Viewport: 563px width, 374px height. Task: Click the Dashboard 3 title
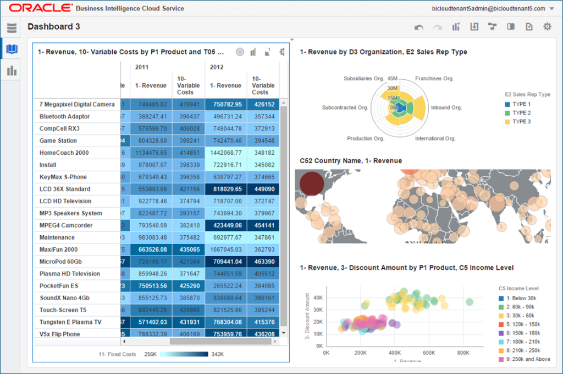coord(54,26)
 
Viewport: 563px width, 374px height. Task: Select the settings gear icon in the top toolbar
coord(547,26)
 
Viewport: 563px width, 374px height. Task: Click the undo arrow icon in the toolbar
coord(419,26)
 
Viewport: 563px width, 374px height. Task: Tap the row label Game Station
coord(58,140)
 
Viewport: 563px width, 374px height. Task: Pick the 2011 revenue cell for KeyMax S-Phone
coord(152,177)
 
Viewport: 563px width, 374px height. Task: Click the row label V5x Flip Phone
coord(59,334)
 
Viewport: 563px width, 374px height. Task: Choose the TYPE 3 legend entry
coord(521,121)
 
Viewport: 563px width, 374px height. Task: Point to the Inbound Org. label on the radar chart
coord(446,107)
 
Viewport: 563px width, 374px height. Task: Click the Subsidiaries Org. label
coord(363,78)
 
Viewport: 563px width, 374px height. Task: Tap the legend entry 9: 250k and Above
coord(522,360)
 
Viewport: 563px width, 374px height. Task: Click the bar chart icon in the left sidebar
coord(12,71)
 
